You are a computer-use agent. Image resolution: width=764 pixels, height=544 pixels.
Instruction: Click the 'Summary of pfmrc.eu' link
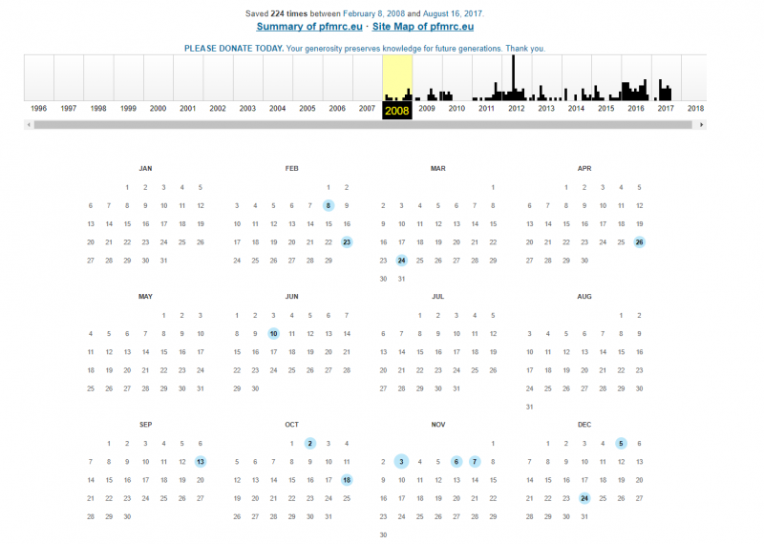point(307,27)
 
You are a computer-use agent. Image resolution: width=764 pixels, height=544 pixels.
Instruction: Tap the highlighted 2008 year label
point(397,110)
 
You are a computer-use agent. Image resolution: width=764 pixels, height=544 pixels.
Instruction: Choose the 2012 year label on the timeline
point(517,109)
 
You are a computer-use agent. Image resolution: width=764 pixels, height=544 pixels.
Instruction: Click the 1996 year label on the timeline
point(38,109)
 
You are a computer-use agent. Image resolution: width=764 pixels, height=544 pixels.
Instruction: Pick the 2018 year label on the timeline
point(695,109)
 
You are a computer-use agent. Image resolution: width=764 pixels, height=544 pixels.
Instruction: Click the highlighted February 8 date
point(329,205)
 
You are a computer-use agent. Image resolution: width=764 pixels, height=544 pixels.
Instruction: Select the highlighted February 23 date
point(347,241)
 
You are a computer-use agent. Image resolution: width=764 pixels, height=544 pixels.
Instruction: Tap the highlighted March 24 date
point(401,261)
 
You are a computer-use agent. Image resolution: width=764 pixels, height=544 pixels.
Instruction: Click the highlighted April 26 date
point(639,241)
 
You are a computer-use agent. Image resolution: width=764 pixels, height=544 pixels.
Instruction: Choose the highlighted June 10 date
point(273,333)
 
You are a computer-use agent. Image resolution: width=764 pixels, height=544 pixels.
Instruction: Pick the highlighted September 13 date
point(201,461)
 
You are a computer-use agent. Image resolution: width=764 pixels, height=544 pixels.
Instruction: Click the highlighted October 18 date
point(347,480)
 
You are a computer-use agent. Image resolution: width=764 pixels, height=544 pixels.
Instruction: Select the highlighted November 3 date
point(401,461)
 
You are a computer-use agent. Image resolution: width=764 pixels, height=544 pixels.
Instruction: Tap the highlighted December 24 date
point(584,498)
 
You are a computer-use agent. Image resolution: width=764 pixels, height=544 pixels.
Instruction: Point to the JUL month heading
point(438,297)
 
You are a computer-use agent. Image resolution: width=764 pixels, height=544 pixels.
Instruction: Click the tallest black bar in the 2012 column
point(514,76)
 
